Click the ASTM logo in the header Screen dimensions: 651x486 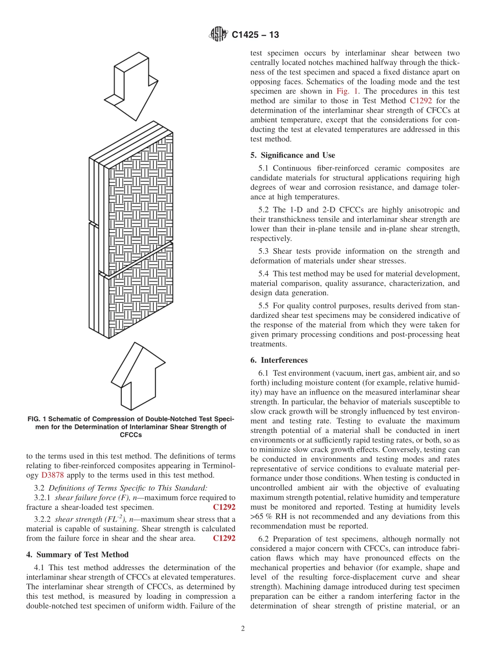pyautogui.click(x=218, y=35)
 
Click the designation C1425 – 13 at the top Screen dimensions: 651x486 pyautogui.click(x=255, y=35)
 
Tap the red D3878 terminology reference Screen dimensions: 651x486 pyautogui.click(x=53, y=475)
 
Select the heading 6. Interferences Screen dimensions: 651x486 pyautogui.click(x=279, y=360)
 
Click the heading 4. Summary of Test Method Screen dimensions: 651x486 pyautogui.click(x=77, y=554)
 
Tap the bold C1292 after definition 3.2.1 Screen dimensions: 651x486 pyautogui.click(x=224, y=507)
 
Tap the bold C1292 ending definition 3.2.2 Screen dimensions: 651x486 pyautogui.click(x=224, y=538)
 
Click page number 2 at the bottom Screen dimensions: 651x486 pyautogui.click(x=243, y=629)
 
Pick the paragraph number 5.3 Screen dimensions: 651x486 pyautogui.click(x=264, y=251)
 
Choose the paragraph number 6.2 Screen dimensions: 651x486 pyautogui.click(x=264, y=539)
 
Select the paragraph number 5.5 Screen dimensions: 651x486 pyautogui.click(x=264, y=306)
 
